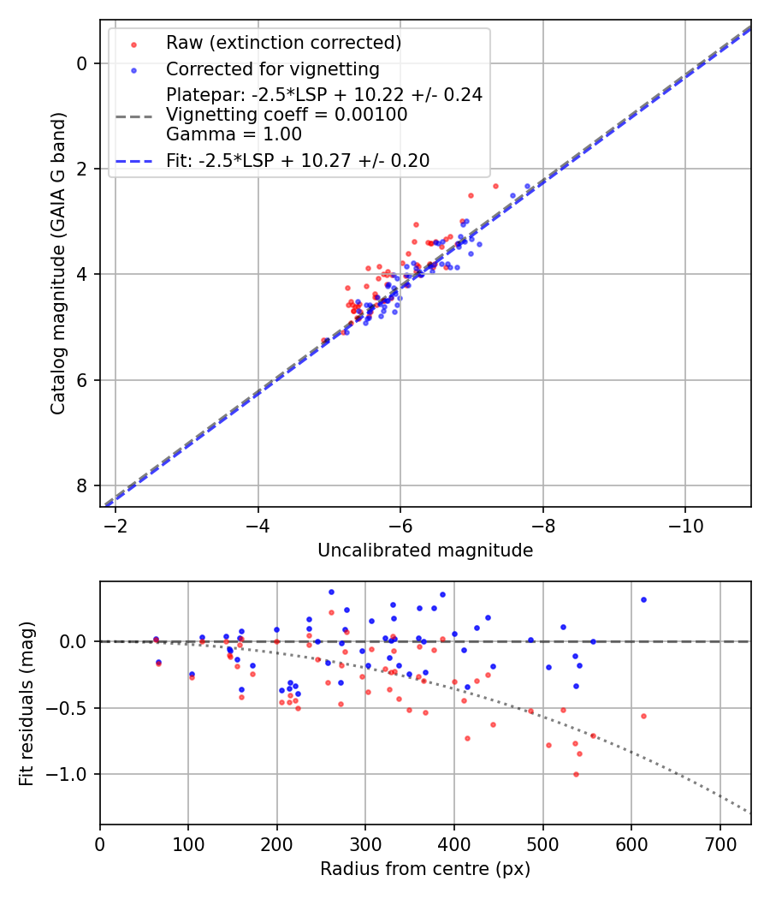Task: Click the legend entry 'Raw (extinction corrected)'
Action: point(283,43)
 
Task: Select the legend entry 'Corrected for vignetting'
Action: point(272,68)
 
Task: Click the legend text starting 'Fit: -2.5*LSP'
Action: point(298,160)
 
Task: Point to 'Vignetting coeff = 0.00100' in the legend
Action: point(287,115)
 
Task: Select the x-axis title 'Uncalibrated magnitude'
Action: point(425,551)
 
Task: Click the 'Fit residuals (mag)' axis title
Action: point(27,703)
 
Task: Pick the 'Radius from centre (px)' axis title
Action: point(425,869)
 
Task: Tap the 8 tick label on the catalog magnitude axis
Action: point(83,485)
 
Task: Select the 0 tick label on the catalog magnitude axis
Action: point(83,63)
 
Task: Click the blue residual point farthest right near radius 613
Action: point(643,599)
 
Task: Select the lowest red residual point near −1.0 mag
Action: point(576,774)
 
